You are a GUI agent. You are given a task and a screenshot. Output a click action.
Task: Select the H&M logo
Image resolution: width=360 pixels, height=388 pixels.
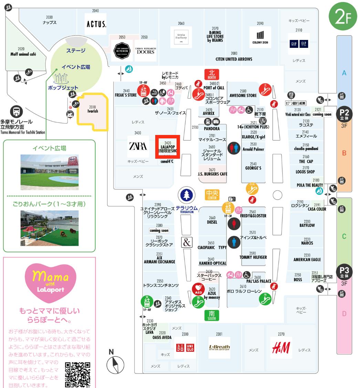(x=281, y=348)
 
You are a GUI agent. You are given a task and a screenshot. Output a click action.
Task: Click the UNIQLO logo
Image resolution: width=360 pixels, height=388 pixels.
(x=185, y=347)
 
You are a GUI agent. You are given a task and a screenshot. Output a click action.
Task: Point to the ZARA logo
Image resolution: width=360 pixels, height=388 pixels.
(x=138, y=146)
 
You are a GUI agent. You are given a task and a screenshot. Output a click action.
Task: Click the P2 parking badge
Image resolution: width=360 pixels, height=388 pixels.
(x=345, y=113)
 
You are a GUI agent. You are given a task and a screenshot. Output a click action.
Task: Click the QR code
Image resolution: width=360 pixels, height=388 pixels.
(x=78, y=375)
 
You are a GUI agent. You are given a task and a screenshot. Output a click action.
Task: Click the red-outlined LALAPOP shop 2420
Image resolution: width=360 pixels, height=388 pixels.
(x=168, y=147)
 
